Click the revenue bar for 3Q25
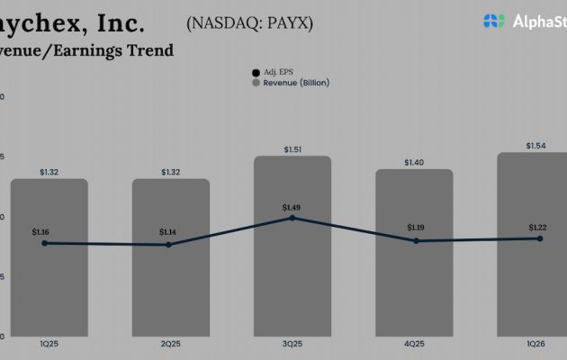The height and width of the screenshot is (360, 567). [292, 270]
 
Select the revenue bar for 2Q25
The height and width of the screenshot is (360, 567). [171, 279]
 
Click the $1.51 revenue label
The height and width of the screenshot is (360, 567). [292, 149]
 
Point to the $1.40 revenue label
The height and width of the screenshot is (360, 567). [414, 162]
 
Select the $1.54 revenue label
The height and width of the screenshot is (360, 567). [536, 145]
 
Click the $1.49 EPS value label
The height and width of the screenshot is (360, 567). [292, 207]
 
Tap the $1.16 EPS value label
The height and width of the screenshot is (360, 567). [40, 232]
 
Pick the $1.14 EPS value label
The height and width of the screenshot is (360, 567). [168, 232]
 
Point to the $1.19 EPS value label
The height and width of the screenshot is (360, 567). [416, 228]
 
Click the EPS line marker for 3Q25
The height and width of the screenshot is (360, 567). [291, 218]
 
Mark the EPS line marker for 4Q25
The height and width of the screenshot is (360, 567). [416, 240]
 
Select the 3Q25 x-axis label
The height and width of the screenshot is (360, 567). [292, 344]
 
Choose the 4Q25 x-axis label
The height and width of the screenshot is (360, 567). [414, 344]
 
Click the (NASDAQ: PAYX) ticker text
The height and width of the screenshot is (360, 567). [250, 23]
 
